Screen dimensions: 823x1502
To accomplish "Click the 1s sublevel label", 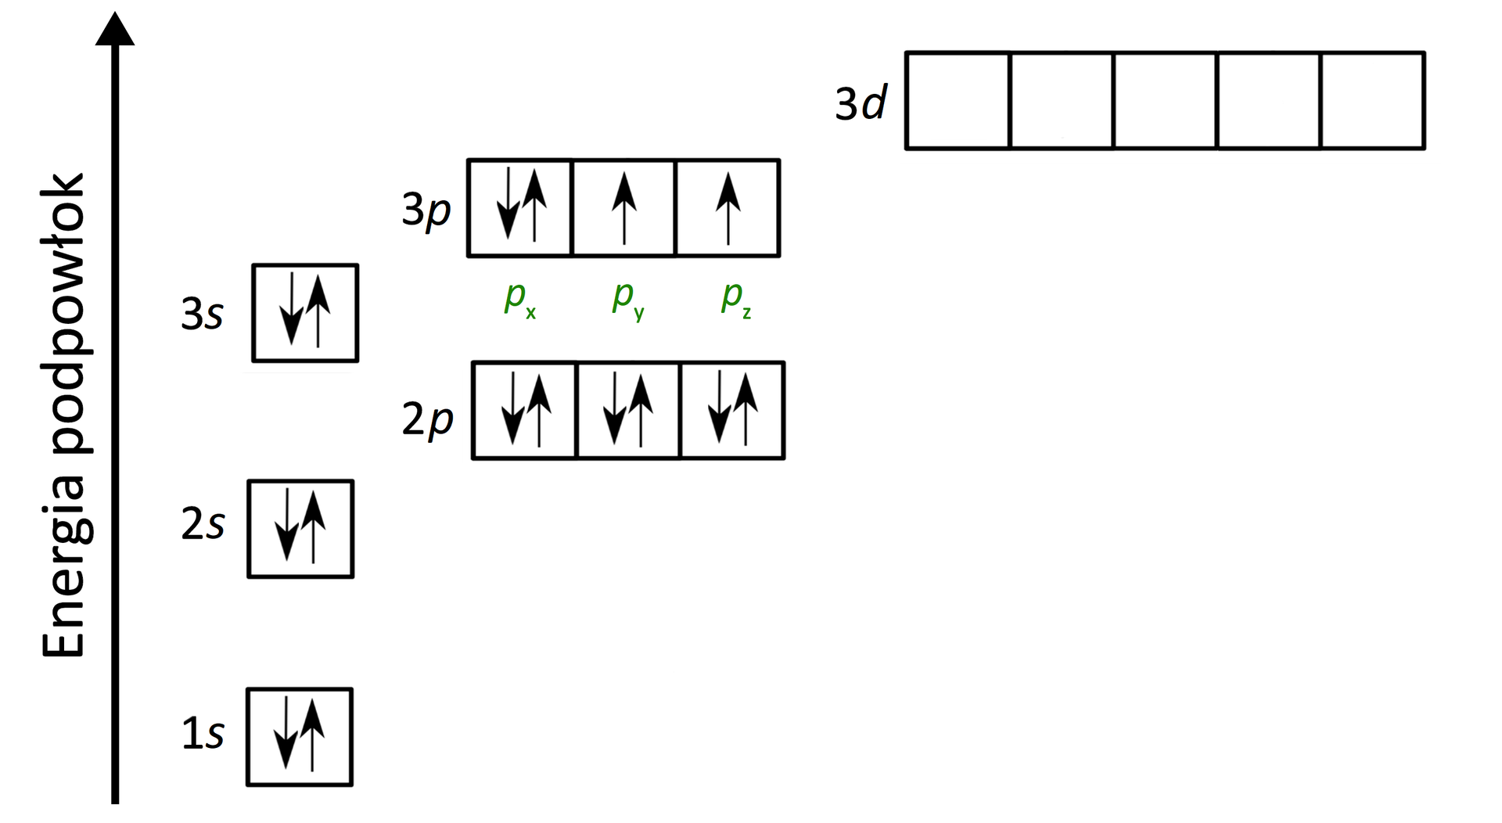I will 203,734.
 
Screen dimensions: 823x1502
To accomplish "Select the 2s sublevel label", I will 203,523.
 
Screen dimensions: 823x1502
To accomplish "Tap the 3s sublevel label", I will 202,314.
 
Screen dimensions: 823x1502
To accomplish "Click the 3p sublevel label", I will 426,210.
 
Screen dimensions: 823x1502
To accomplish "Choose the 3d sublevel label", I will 861,102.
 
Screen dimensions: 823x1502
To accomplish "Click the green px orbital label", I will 519,298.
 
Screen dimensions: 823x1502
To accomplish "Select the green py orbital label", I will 627,298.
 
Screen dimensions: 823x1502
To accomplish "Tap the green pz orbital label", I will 735,298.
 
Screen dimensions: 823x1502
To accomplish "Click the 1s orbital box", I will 300,737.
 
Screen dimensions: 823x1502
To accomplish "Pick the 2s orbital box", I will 300,529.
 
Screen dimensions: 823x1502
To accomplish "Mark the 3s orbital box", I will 305,313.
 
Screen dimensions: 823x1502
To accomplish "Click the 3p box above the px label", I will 520,208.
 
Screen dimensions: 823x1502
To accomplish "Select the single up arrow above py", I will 623,208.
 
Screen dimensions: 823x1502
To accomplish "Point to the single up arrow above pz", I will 728,208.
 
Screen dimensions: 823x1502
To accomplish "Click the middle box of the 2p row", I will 628,410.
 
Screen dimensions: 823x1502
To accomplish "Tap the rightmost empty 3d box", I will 1372,100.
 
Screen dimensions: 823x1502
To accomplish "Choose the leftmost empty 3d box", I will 958,100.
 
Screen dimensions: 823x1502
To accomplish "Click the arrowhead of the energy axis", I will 115,30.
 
